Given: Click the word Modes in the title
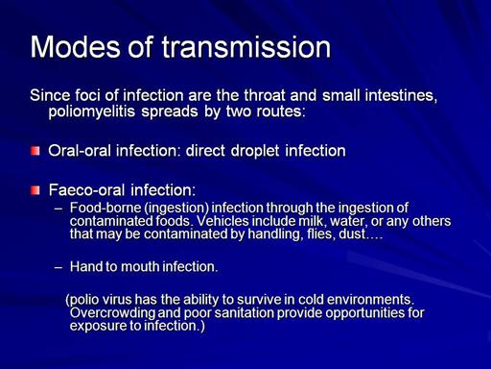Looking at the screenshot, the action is tap(76, 47).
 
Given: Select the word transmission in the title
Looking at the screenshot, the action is tap(246, 47).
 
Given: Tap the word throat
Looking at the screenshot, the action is tap(264, 95).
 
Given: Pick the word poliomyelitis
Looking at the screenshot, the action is tap(92, 111).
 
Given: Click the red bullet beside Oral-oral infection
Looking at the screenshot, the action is tap(35, 151).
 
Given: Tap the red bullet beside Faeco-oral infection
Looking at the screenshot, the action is tap(35, 190).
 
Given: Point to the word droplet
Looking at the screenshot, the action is tap(255, 151).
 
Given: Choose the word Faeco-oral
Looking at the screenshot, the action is tap(86, 190).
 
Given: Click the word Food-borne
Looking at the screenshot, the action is tap(105, 208).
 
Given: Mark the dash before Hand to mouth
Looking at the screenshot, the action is tap(58, 266).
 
